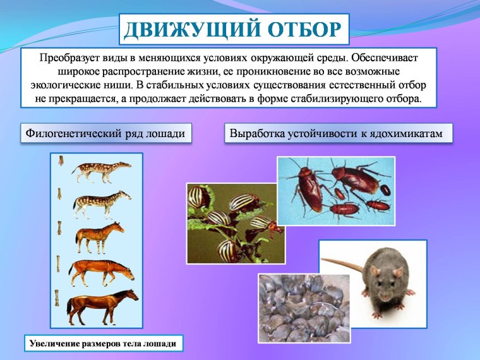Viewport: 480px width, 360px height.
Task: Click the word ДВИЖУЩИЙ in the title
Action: click(183, 29)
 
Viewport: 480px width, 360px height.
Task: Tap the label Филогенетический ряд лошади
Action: click(105, 134)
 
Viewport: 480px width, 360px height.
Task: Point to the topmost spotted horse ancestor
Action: click(100, 169)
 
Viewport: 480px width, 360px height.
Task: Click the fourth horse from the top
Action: click(101, 270)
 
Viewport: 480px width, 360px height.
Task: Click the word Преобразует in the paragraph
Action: click(70, 57)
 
